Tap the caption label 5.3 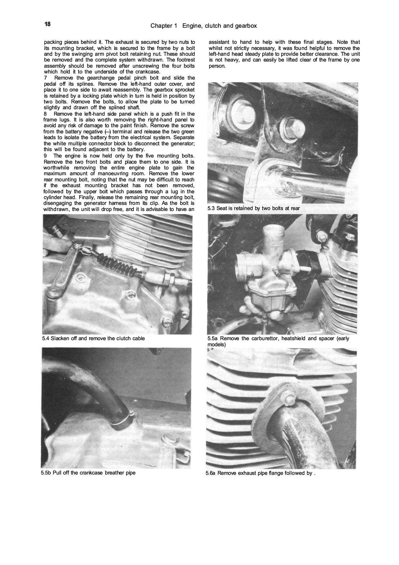(211, 208)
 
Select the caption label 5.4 (46, 338)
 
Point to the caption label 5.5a (213, 338)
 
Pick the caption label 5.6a (211, 473)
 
